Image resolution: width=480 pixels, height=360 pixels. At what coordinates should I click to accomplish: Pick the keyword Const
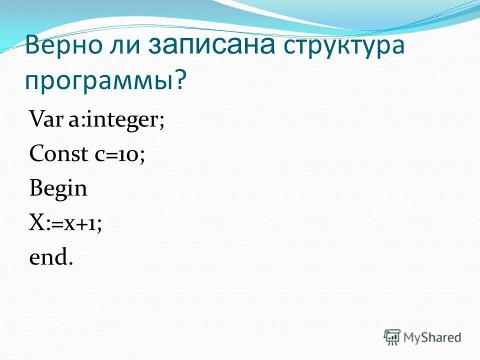pos(58,154)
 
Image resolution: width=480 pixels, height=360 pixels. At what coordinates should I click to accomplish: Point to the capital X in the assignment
pos(36,223)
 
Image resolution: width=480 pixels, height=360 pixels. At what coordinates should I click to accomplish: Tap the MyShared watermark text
pos(433,337)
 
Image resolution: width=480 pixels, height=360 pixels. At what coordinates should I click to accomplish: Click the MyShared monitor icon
pos(392,337)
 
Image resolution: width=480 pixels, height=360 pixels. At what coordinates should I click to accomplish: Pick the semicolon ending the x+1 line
pos(99,226)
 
